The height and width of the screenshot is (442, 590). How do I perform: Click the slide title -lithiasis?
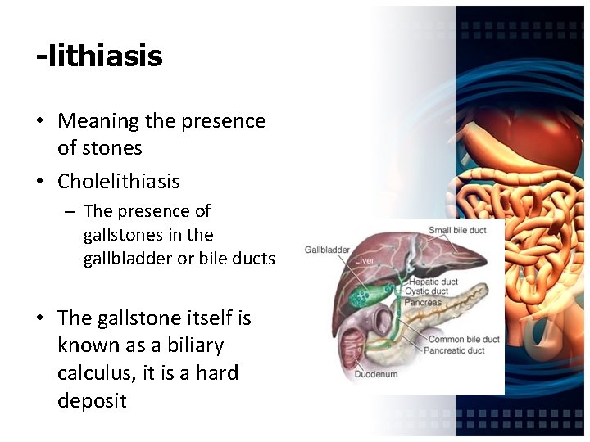99,56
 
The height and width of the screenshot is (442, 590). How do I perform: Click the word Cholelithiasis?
118,181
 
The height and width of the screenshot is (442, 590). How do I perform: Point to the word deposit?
92,401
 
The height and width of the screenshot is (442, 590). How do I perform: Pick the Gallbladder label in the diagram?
327,250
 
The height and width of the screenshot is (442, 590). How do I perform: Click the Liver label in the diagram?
365,260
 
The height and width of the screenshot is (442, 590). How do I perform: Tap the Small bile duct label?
457,230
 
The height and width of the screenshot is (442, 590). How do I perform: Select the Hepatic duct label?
433,282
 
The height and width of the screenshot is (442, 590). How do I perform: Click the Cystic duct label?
428,291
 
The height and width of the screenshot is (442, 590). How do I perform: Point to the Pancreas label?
423,302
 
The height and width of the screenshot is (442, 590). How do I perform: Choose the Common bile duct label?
463,340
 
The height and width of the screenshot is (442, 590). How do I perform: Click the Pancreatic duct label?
454,350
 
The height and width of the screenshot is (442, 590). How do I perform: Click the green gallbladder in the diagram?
361,294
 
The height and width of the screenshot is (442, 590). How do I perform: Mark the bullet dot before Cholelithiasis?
39,182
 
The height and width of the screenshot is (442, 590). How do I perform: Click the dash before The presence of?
70,212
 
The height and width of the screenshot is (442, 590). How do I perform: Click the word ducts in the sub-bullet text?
255,259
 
